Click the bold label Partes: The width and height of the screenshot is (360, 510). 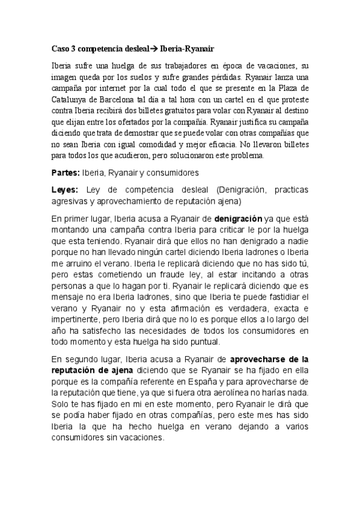click(65, 173)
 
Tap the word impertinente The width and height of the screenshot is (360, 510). click(78, 320)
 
